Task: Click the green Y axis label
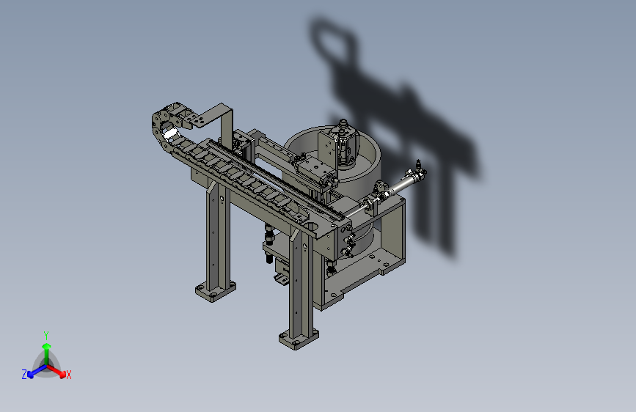point(46,334)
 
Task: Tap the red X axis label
point(69,375)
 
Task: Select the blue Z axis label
point(24,375)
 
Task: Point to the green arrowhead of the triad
point(46,346)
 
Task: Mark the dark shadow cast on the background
point(411,132)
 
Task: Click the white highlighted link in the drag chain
point(170,133)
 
